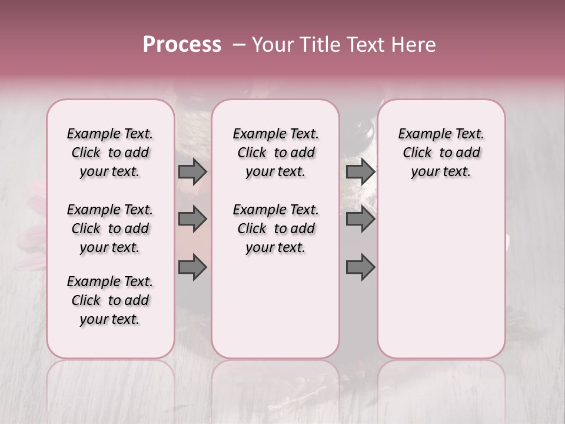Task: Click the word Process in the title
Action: click(182, 45)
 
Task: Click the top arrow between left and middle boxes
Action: click(192, 171)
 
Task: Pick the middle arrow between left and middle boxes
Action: click(192, 219)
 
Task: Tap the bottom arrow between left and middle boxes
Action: click(192, 267)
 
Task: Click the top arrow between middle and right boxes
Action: click(360, 171)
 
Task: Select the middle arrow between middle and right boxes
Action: click(360, 219)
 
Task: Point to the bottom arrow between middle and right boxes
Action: click(360, 267)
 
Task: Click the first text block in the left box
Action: click(110, 153)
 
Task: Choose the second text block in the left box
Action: click(110, 228)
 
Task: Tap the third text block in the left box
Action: click(110, 300)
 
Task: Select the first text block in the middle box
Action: click(275, 153)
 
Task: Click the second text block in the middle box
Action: click(275, 228)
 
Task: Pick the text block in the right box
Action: click(441, 153)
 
